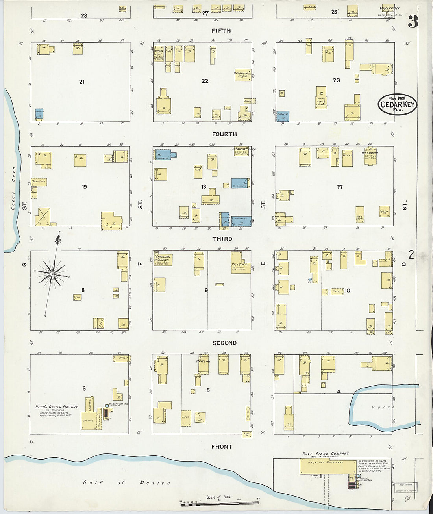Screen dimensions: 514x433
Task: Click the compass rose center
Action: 52,273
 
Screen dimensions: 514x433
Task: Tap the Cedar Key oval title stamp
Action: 397,104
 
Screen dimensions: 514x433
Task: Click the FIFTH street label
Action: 221,31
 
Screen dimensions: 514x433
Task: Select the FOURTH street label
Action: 224,134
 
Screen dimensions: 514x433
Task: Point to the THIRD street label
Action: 222,239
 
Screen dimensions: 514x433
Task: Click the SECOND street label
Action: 224,343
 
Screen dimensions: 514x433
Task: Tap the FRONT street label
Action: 222,447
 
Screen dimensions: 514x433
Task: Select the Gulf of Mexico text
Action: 127,482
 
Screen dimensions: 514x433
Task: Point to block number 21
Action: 81,82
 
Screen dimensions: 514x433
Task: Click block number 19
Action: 84,187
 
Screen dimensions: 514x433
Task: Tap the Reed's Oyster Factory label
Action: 57,407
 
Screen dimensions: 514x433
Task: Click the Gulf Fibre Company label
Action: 325,453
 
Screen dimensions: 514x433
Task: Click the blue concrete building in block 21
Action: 39,114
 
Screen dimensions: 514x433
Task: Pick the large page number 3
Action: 413,22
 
